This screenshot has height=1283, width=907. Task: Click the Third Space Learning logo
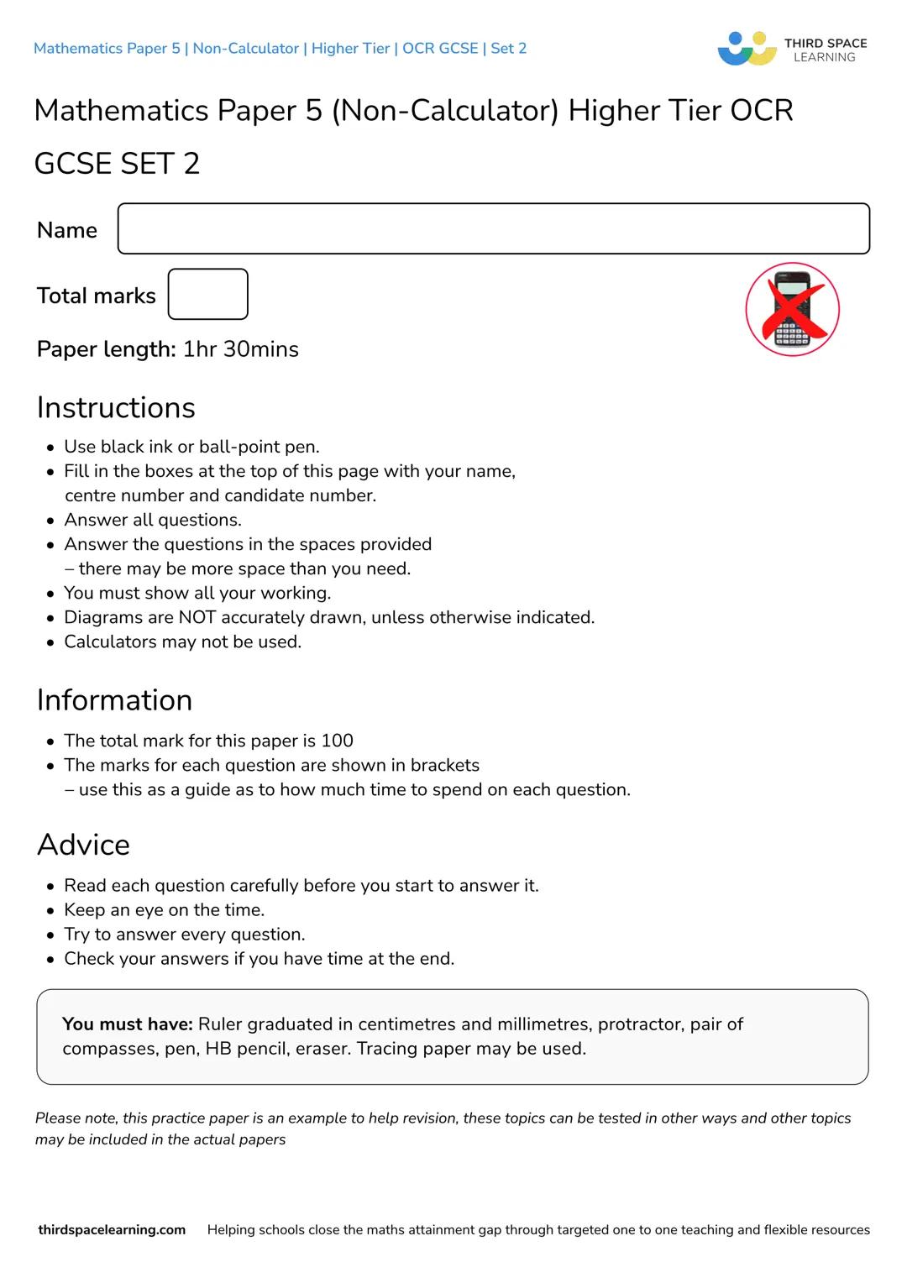pyautogui.click(x=792, y=49)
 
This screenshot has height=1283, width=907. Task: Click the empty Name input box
pyautogui.click(x=493, y=228)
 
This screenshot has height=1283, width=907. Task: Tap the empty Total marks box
pyautogui.click(x=207, y=294)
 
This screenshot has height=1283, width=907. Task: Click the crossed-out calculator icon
pyautogui.click(x=792, y=309)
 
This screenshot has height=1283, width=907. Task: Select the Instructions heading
pyautogui.click(x=116, y=407)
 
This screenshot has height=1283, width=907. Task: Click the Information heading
pyautogui.click(x=114, y=700)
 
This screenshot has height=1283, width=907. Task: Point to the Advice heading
pyautogui.click(x=83, y=845)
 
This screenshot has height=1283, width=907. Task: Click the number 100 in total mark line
pyautogui.click(x=337, y=741)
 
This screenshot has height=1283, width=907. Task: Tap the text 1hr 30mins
pyautogui.click(x=241, y=349)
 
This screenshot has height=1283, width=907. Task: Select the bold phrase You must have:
pyautogui.click(x=128, y=1024)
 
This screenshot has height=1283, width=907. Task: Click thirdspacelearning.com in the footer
pyautogui.click(x=112, y=1230)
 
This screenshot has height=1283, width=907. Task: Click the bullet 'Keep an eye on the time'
pyautogui.click(x=164, y=910)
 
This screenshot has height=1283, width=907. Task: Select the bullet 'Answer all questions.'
pyautogui.click(x=152, y=521)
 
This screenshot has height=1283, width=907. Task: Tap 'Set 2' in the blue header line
pyautogui.click(x=508, y=49)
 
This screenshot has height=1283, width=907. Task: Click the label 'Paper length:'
pyautogui.click(x=106, y=349)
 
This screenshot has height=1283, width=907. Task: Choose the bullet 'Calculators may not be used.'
pyautogui.click(x=182, y=642)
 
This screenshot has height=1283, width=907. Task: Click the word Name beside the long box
pyautogui.click(x=67, y=230)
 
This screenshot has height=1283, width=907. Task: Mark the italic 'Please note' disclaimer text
pyautogui.click(x=443, y=1129)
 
